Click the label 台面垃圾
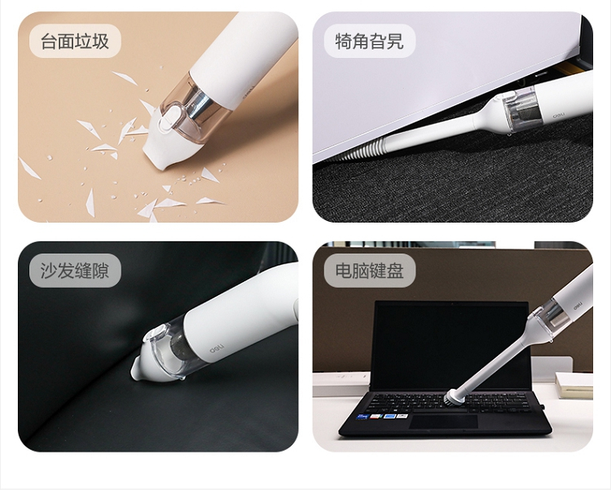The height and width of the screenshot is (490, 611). click(x=75, y=41)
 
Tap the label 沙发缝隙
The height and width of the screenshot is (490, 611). click(x=75, y=271)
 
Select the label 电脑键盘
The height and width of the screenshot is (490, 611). click(x=369, y=271)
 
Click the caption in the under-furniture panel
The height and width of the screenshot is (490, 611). click(x=369, y=41)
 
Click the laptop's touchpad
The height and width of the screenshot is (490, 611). click(x=443, y=422)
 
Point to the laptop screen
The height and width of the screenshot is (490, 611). click(x=451, y=345)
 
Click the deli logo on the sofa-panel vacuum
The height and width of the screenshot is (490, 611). click(x=216, y=348)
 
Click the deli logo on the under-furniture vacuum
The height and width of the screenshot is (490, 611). click(x=557, y=117)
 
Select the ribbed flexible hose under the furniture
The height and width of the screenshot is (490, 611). click(x=364, y=149)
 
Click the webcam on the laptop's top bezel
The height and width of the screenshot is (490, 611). click(x=452, y=303)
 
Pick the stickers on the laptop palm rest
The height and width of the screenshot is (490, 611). click(x=382, y=417)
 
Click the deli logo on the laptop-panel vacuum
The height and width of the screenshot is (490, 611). click(x=577, y=305)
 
